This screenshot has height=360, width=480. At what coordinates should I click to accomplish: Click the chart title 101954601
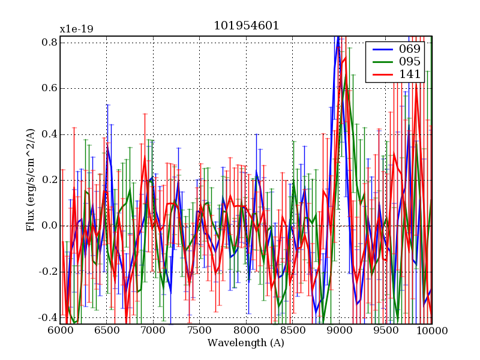pyautogui.click(x=246, y=26)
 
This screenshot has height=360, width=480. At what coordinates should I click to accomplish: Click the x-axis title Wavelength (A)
pyautogui.click(x=246, y=343)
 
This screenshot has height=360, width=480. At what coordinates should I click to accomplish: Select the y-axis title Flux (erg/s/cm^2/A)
pyautogui.click(x=30, y=179)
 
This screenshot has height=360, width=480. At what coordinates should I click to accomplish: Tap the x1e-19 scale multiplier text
pyautogui.click(x=76, y=29)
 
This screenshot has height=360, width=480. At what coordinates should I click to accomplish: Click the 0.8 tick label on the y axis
pyautogui.click(x=49, y=42)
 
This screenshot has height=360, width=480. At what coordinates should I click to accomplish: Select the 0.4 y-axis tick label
pyautogui.click(x=49, y=134)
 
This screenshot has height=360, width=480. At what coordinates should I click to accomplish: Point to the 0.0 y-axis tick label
pyautogui.click(x=49, y=226)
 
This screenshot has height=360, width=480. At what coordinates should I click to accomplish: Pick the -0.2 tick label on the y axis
pyautogui.click(x=47, y=271)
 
